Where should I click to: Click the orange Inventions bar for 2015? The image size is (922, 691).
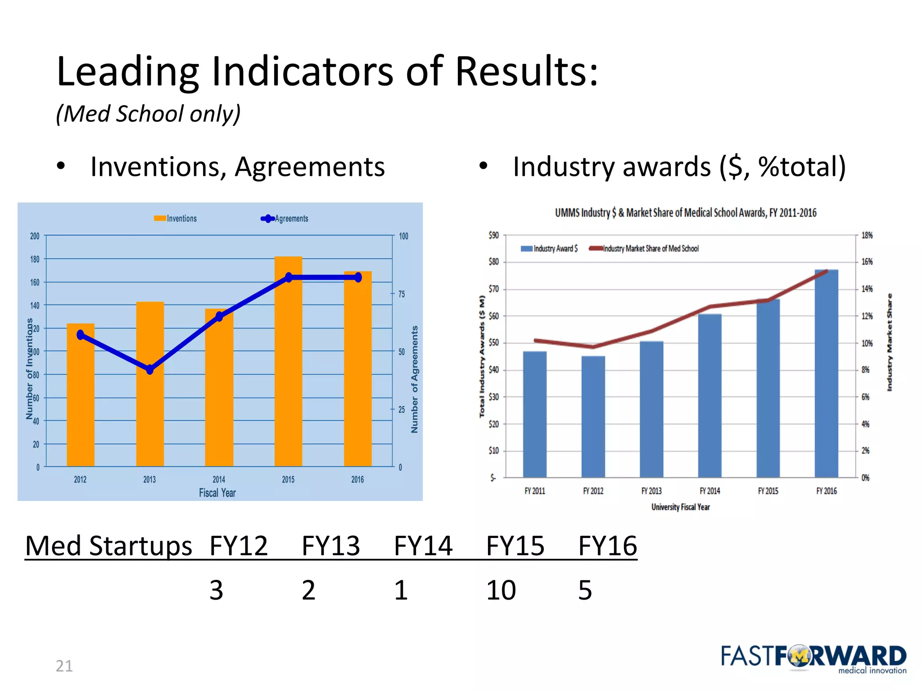[288, 369]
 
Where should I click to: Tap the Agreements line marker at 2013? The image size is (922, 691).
[150, 370]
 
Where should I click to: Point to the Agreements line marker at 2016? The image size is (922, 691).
[358, 278]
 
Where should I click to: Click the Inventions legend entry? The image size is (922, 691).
[176, 219]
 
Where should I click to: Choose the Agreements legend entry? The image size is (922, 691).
[285, 219]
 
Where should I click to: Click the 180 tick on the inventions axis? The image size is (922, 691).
[35, 259]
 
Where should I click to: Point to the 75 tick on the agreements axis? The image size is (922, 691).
[402, 294]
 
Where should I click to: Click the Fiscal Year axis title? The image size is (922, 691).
[217, 493]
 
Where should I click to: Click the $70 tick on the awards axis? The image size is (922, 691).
[494, 289]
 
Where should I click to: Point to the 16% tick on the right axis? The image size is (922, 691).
[867, 262]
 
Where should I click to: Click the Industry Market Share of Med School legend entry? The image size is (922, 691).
[645, 249]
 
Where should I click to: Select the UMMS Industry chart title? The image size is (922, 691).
[685, 213]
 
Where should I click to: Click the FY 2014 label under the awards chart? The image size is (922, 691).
[710, 491]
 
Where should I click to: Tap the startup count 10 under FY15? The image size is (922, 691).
[501, 590]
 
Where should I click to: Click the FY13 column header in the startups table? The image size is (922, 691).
[331, 546]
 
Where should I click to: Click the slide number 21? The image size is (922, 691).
[64, 666]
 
